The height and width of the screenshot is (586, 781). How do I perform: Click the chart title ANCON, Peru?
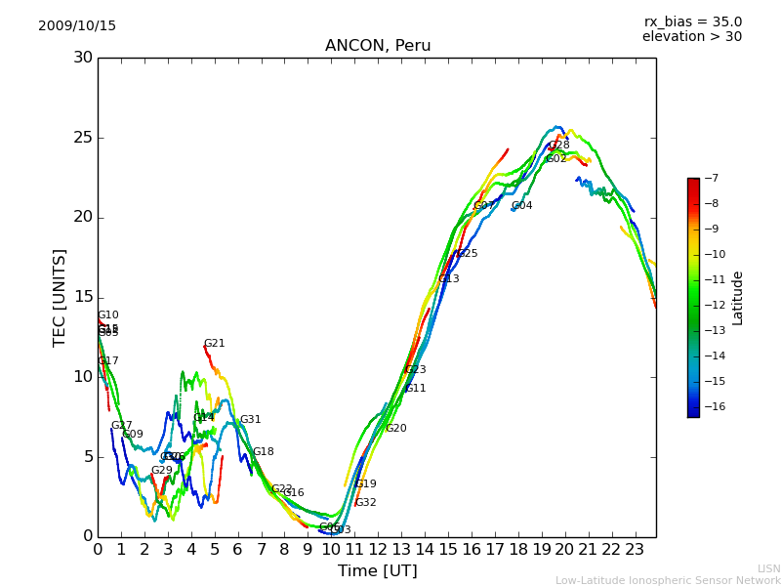(378, 46)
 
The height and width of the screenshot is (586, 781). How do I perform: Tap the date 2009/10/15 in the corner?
(77, 26)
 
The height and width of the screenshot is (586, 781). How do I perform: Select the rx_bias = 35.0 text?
(692, 22)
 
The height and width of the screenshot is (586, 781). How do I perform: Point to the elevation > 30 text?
(691, 37)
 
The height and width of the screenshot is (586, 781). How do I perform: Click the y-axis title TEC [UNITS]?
(60, 297)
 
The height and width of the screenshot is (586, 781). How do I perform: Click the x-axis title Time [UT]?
(377, 571)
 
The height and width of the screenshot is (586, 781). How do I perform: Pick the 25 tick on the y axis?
(83, 138)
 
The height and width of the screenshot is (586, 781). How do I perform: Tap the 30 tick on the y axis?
(83, 58)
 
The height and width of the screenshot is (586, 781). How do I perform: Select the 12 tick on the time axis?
(378, 550)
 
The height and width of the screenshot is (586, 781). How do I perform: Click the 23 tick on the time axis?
(635, 550)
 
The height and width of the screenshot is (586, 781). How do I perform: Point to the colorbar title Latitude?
(738, 297)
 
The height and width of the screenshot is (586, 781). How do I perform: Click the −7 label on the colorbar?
(710, 178)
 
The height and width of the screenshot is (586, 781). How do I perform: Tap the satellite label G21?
(214, 344)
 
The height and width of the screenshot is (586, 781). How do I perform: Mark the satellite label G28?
(558, 146)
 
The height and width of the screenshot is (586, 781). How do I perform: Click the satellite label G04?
(521, 206)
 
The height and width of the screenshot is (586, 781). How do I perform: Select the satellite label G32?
(365, 503)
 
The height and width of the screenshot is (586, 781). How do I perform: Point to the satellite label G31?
(250, 420)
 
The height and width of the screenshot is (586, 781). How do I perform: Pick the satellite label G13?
(448, 279)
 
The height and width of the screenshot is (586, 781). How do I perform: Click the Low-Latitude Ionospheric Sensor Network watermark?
(668, 581)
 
